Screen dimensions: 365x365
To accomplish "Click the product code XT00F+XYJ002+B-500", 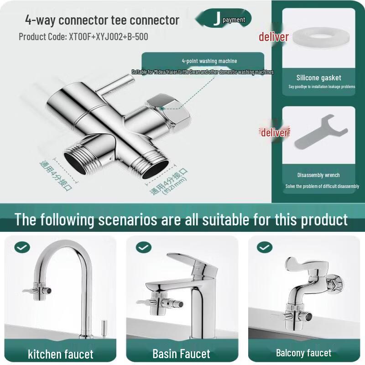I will click(83, 36).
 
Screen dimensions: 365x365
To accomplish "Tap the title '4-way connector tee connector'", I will click(102, 20).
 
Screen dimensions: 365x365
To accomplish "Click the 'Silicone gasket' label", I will click(318, 78).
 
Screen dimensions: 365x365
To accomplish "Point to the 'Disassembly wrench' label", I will click(318, 175).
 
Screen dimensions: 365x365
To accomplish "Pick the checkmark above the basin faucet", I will click(143, 248).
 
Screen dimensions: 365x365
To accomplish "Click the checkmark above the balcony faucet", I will click(265, 248).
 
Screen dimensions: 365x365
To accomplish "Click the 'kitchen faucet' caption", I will click(61, 354).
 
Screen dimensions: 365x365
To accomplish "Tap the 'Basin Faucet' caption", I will click(181, 354).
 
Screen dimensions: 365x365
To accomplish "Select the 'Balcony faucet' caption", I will click(303, 353).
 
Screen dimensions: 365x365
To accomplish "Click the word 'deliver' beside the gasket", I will click(274, 37).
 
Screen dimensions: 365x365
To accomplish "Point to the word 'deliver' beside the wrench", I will click(274, 133).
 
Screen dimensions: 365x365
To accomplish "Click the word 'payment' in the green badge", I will click(234, 20).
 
